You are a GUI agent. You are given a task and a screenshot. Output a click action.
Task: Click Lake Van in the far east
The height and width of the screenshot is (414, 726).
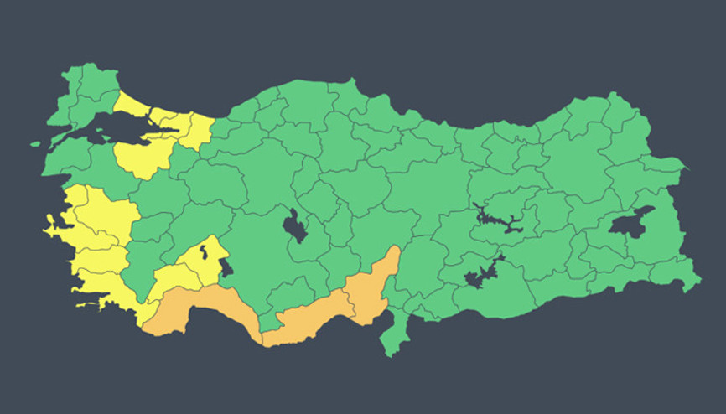(x=630, y=223)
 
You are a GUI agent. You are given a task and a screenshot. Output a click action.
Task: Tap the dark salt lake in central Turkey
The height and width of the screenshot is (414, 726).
(x=294, y=226)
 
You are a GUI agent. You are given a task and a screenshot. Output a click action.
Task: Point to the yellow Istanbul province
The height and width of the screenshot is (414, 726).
(x=138, y=106)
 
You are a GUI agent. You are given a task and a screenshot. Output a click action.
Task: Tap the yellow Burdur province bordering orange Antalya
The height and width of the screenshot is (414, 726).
(x=168, y=281)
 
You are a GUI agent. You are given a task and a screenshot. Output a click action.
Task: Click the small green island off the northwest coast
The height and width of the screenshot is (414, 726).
(x=35, y=143)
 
